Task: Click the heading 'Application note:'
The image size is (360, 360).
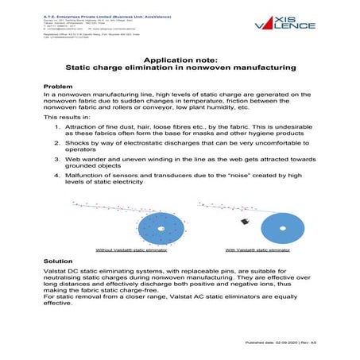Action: click(x=180, y=60)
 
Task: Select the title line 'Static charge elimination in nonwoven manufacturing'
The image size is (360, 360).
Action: click(x=180, y=69)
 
